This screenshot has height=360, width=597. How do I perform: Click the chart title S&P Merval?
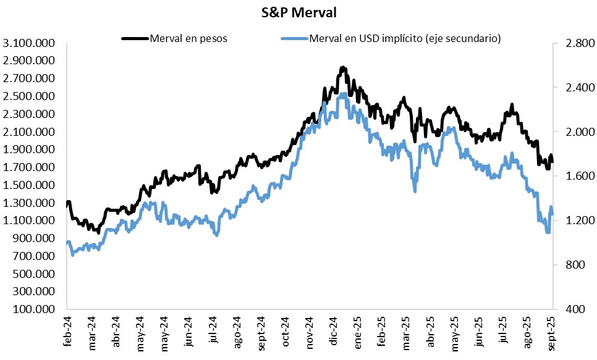click(298, 12)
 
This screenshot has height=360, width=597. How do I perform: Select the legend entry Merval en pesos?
click(188, 38)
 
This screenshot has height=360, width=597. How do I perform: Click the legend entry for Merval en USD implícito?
click(405, 38)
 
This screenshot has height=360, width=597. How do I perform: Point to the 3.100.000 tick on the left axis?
click(29, 43)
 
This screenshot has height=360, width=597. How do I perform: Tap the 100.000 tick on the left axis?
click(33, 309)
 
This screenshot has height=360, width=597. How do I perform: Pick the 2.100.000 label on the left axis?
click(29, 132)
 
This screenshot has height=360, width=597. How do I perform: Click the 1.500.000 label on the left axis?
click(29, 185)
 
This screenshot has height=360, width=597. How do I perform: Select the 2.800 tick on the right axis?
click(574, 43)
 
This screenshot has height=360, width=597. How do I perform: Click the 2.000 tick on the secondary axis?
click(574, 132)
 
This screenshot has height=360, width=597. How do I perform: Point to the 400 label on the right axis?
click(578, 309)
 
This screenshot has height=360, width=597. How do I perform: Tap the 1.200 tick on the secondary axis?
click(574, 220)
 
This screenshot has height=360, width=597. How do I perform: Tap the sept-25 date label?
click(552, 331)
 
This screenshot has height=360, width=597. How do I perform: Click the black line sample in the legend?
click(135, 38)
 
